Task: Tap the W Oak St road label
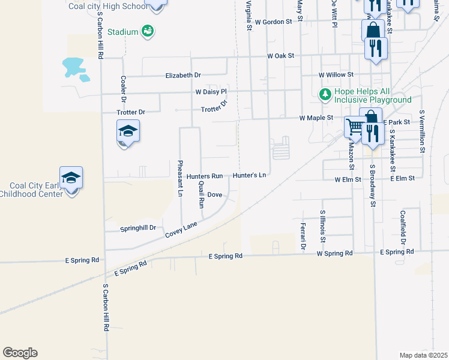pyautogui.click(x=281, y=56)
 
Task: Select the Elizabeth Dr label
pyautogui.click(x=183, y=76)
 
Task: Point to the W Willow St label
pyautogui.click(x=334, y=75)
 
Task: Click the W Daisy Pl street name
pyautogui.click(x=211, y=92)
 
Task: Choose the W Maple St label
pyautogui.click(x=316, y=118)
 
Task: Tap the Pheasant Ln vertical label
pyautogui.click(x=179, y=178)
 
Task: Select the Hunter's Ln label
pyautogui.click(x=249, y=176)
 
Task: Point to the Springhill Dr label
pyautogui.click(x=138, y=229)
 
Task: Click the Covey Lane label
pyautogui.click(x=181, y=230)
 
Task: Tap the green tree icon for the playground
pyautogui.click(x=325, y=95)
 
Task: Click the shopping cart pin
pyautogui.click(x=355, y=127)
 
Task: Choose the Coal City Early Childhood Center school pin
pyautogui.click(x=71, y=178)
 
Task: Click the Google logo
pyautogui.click(x=20, y=353)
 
